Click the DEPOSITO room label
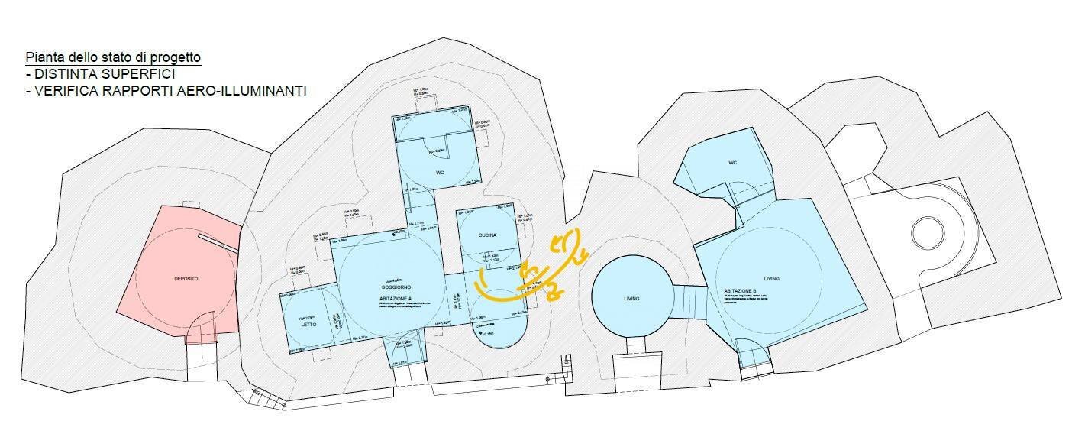[x=186, y=280]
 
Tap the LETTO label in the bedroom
[x=309, y=325]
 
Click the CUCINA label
[x=489, y=235]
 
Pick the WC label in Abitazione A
[x=440, y=173]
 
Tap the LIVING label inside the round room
[x=631, y=298]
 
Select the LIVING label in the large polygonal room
[x=771, y=279]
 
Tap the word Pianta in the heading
[x=43, y=58]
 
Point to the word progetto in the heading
[x=179, y=58]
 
